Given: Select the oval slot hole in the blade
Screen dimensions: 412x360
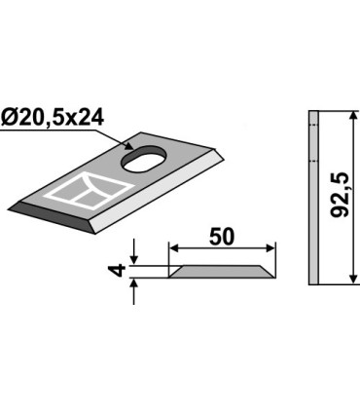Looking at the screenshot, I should [x=144, y=157].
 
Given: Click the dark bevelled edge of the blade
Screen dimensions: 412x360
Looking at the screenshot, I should [x=54, y=215].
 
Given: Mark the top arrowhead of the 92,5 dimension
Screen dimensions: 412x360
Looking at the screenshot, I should [x=347, y=116].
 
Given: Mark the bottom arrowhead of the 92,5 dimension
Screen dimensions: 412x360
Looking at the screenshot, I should [x=347, y=280].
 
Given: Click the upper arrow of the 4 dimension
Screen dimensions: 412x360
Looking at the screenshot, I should [x=136, y=262].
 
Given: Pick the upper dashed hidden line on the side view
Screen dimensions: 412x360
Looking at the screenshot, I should [x=313, y=125].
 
